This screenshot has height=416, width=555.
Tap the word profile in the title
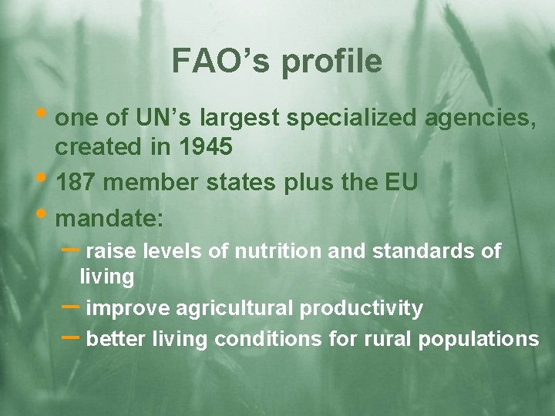[x=331, y=62]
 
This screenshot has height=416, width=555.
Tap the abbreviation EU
[x=400, y=183]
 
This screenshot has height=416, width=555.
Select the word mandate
[x=107, y=219]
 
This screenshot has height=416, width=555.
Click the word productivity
[x=361, y=309]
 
